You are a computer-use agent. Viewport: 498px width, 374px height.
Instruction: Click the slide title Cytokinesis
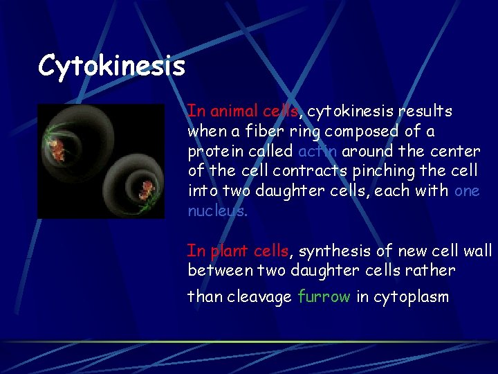(111, 66)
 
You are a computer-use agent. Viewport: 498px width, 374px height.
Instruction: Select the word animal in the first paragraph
(233, 111)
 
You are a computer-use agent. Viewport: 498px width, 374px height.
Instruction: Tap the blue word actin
(317, 151)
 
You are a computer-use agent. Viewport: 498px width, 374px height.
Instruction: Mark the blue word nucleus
(216, 211)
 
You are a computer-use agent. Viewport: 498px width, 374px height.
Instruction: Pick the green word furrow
(324, 297)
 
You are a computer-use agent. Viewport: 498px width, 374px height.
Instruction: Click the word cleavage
(260, 297)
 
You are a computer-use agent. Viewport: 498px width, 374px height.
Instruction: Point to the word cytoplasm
(411, 297)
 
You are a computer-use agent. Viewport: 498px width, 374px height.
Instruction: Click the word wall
(479, 250)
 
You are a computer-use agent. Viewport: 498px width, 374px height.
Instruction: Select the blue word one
(467, 191)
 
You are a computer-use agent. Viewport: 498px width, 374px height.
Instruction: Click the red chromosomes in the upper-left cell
(56, 145)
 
